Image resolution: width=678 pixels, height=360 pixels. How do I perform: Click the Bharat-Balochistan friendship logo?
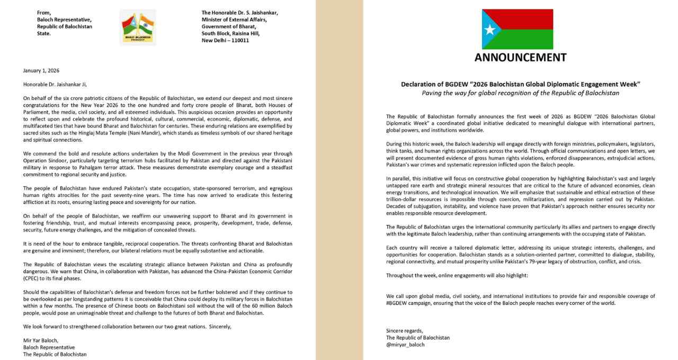(x=138, y=27)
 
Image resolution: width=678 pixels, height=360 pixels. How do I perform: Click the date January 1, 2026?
(x=41, y=70)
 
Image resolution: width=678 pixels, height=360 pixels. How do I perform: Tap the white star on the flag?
(x=490, y=29)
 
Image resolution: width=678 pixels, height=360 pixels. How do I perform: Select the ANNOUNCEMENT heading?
(x=520, y=58)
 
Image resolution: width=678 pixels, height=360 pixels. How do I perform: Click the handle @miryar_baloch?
(x=405, y=345)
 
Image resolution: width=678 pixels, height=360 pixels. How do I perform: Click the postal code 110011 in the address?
(x=239, y=40)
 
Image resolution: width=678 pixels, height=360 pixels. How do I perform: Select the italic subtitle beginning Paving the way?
(x=520, y=93)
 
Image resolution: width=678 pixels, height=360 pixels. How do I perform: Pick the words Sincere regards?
(x=405, y=331)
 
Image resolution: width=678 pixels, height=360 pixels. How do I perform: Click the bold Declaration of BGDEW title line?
(x=520, y=84)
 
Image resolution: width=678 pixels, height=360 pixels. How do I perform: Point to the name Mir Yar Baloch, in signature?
(x=41, y=340)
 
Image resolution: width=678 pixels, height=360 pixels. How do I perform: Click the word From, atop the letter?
(x=44, y=12)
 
